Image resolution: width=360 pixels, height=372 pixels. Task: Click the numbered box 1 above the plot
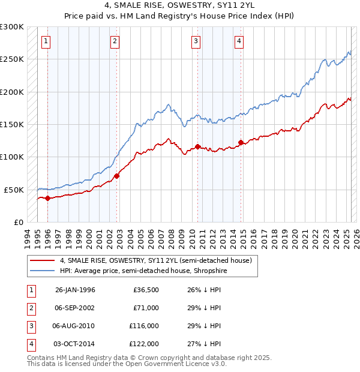(x=47, y=41)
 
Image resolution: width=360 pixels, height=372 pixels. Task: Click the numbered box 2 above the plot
(x=115, y=41)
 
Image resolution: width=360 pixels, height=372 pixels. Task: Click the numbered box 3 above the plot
(x=196, y=41)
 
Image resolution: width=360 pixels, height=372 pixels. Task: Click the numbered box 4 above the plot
(x=239, y=41)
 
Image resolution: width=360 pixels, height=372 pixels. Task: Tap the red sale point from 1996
(x=47, y=199)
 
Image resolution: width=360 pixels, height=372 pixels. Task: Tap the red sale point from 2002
(x=116, y=176)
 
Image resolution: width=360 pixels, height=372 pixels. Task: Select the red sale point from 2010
(x=197, y=146)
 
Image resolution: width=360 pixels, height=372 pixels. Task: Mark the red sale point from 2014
(x=241, y=142)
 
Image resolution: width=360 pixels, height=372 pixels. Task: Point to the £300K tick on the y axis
(x=12, y=27)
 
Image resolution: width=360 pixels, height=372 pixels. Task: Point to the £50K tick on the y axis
(x=14, y=190)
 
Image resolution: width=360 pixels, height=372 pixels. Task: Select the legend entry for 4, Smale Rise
(x=159, y=260)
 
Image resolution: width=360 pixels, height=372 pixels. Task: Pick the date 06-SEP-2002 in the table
(x=74, y=308)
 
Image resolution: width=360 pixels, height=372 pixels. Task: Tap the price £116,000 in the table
(x=144, y=326)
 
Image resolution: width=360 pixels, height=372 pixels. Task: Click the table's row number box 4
(x=31, y=344)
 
